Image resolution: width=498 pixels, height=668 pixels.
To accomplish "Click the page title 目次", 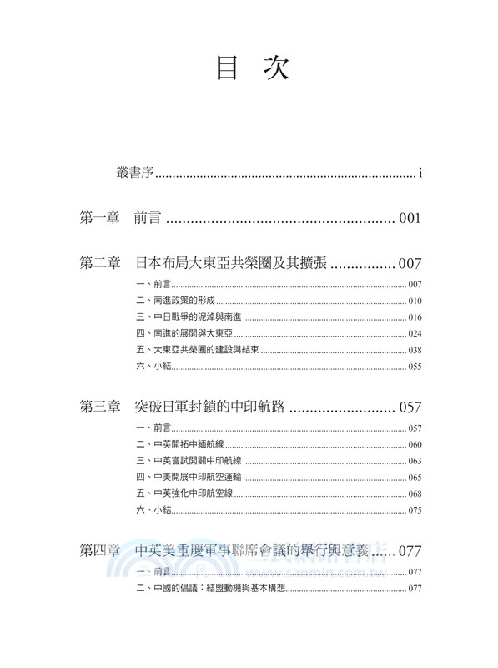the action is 252,69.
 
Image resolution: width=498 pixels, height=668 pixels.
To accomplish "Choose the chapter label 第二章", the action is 100,264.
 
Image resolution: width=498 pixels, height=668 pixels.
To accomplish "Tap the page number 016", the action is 415,317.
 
